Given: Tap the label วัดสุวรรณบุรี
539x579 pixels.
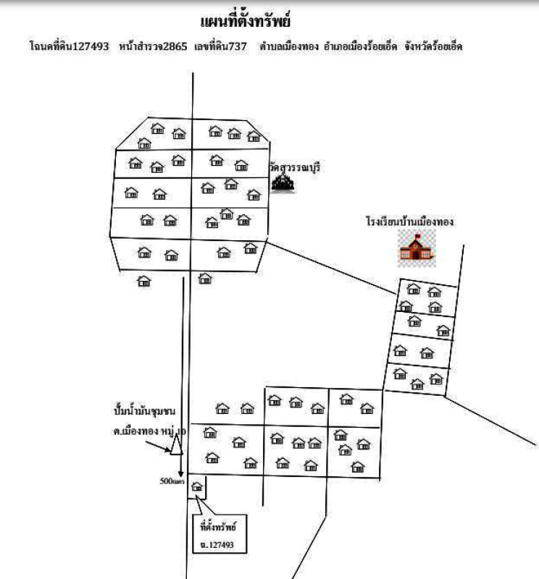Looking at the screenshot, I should coord(294,167).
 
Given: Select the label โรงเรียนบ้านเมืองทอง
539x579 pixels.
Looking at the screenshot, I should coord(409,221).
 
